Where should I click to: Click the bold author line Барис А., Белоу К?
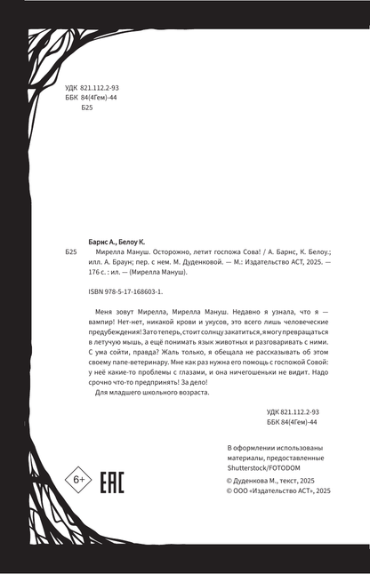coord(120,240)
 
